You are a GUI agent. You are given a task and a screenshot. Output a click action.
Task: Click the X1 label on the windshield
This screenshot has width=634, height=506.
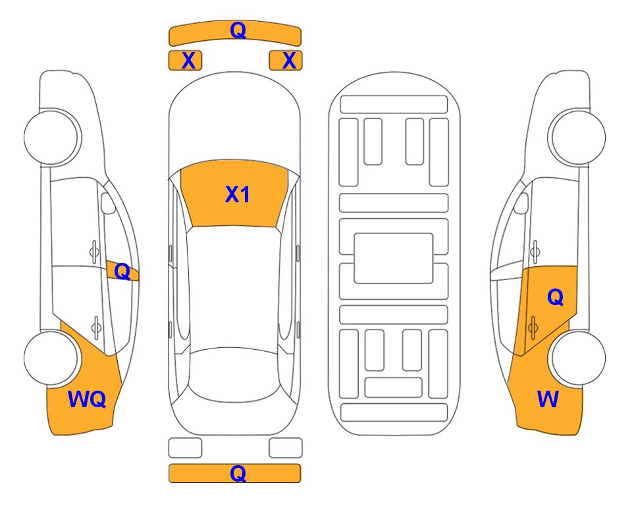[238, 194]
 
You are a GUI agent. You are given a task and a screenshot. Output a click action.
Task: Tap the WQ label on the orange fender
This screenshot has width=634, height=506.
[87, 399]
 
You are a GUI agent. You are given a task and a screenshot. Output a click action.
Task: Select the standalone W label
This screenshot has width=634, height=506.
[548, 399]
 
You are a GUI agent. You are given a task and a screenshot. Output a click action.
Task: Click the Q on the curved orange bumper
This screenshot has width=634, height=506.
[238, 30]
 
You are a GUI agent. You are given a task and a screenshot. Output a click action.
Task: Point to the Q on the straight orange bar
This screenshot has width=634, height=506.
[238, 473]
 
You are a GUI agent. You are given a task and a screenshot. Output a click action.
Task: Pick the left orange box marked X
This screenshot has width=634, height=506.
[185, 61]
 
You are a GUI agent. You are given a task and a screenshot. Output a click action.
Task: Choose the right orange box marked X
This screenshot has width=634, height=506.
[286, 61]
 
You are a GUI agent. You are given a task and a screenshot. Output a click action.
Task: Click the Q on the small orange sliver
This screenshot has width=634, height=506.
[122, 271]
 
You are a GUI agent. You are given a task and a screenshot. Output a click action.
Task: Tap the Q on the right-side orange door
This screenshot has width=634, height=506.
[555, 298]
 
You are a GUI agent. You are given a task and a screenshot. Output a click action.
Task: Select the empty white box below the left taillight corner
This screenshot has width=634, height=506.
[185, 448]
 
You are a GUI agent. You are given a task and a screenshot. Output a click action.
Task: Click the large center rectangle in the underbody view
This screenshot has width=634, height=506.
[394, 258]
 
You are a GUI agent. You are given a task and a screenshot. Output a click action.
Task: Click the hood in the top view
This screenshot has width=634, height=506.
[234, 121]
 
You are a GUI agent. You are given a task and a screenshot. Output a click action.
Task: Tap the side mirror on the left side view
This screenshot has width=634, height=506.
[108, 203]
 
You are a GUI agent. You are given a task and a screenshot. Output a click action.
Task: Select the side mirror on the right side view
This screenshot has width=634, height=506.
[521, 203]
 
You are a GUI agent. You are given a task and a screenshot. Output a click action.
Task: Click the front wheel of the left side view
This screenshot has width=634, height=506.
[52, 137]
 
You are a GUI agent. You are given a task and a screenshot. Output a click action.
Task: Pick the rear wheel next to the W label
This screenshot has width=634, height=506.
[577, 358]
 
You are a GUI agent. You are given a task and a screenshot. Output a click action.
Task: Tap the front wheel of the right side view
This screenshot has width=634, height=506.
[577, 137]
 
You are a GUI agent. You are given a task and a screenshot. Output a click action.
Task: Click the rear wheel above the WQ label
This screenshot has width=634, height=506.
[52, 358]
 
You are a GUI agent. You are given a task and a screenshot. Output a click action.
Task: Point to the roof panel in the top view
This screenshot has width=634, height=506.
[234, 287]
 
